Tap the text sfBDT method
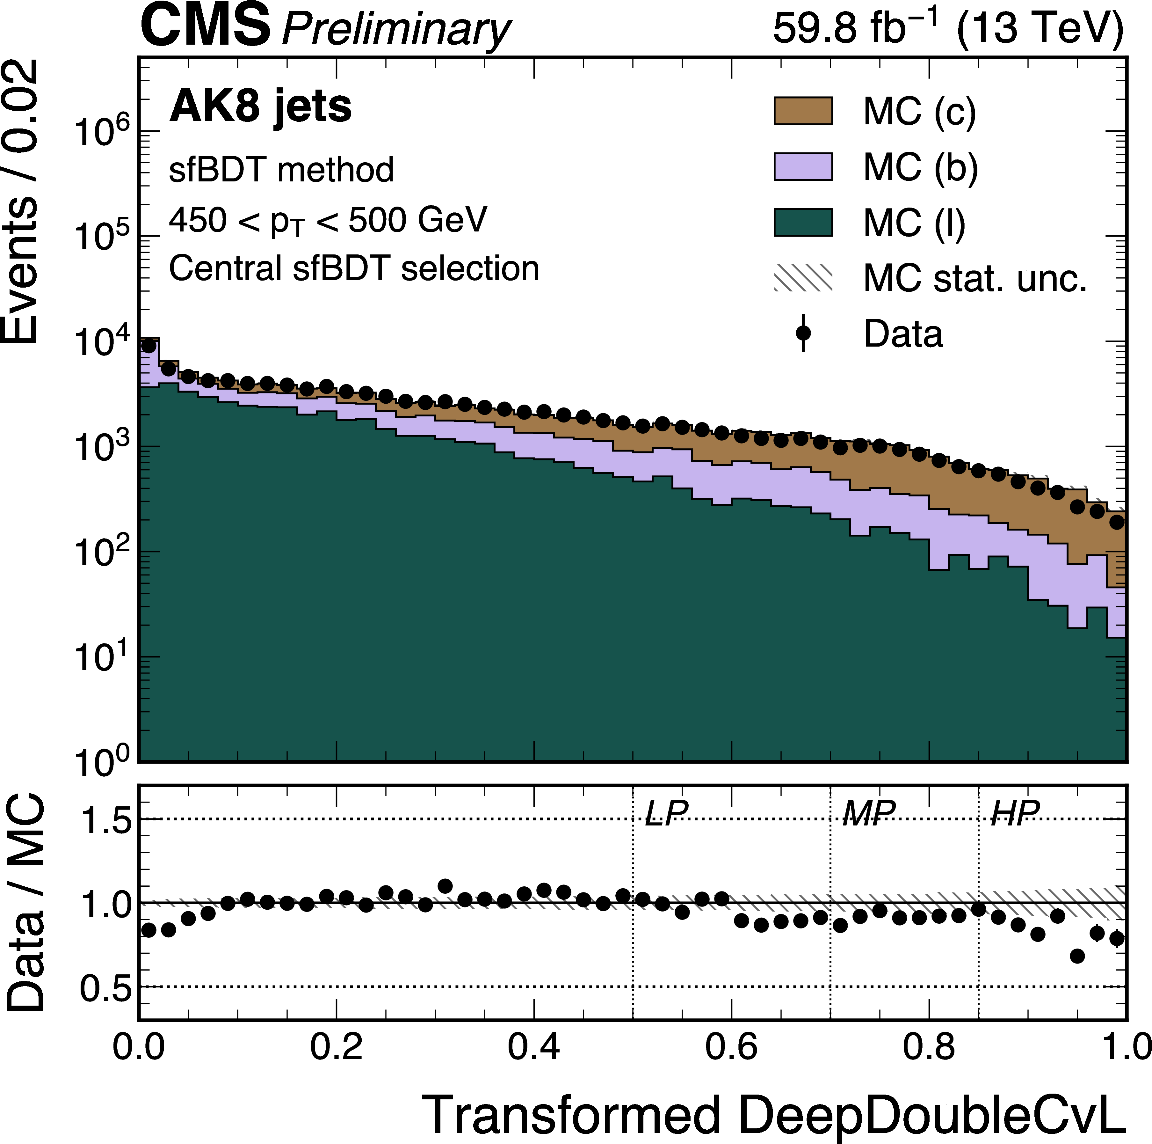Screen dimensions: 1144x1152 281,170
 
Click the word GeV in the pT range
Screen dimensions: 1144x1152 452,220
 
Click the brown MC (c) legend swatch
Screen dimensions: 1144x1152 803,111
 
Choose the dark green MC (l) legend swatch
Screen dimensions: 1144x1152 803,223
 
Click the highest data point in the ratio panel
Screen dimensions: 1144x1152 445,886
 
